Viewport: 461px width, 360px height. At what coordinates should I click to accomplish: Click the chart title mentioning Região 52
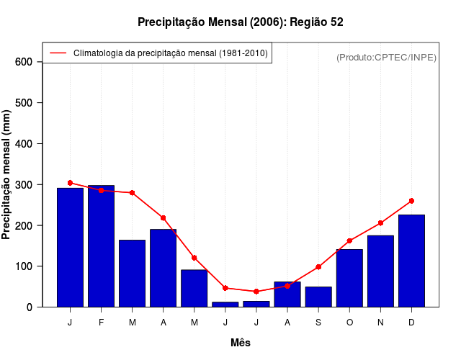coord(241,22)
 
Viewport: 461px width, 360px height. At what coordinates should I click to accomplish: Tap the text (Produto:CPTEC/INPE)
coord(387,57)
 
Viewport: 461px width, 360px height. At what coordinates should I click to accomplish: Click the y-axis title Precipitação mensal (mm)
coord(7,174)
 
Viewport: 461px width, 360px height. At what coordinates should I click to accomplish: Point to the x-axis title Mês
coord(241,343)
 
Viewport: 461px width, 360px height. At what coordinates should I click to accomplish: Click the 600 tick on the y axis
coord(24,62)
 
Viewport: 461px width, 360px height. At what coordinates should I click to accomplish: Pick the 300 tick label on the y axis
coord(24,185)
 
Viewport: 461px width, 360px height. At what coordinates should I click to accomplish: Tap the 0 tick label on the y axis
coord(30,307)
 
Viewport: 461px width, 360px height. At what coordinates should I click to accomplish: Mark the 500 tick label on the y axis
coord(24,103)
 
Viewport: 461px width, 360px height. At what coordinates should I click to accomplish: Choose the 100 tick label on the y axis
coord(24,266)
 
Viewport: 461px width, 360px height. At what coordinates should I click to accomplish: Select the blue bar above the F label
coord(101,246)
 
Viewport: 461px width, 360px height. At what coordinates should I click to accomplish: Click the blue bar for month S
coord(318,297)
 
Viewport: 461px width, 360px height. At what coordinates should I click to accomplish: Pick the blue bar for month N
coord(380,271)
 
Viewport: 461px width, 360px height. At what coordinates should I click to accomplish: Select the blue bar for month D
coord(411,261)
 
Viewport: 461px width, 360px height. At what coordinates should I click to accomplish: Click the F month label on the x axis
coord(101,323)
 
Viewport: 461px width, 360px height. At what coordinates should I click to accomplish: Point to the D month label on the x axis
coord(411,323)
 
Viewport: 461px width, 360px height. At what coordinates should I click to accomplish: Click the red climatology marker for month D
coord(411,201)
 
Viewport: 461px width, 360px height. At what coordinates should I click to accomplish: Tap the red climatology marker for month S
coord(318,267)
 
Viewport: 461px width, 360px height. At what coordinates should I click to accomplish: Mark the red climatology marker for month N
coord(380,223)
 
